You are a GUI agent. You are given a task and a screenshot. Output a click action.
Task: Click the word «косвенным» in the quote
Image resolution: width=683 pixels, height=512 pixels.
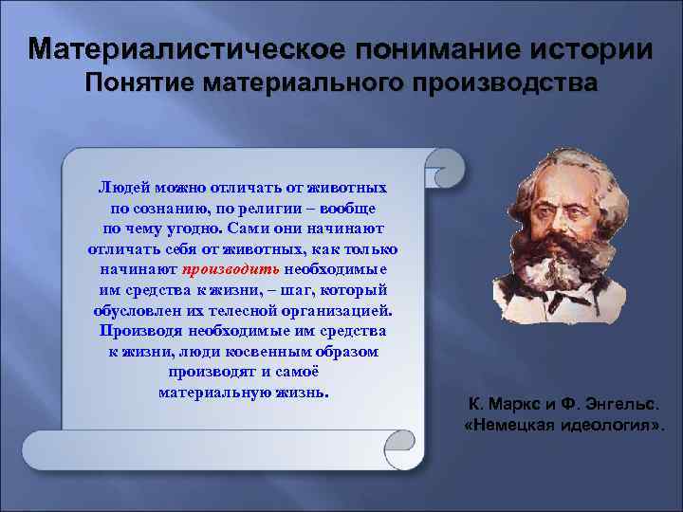[x=268, y=351]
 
